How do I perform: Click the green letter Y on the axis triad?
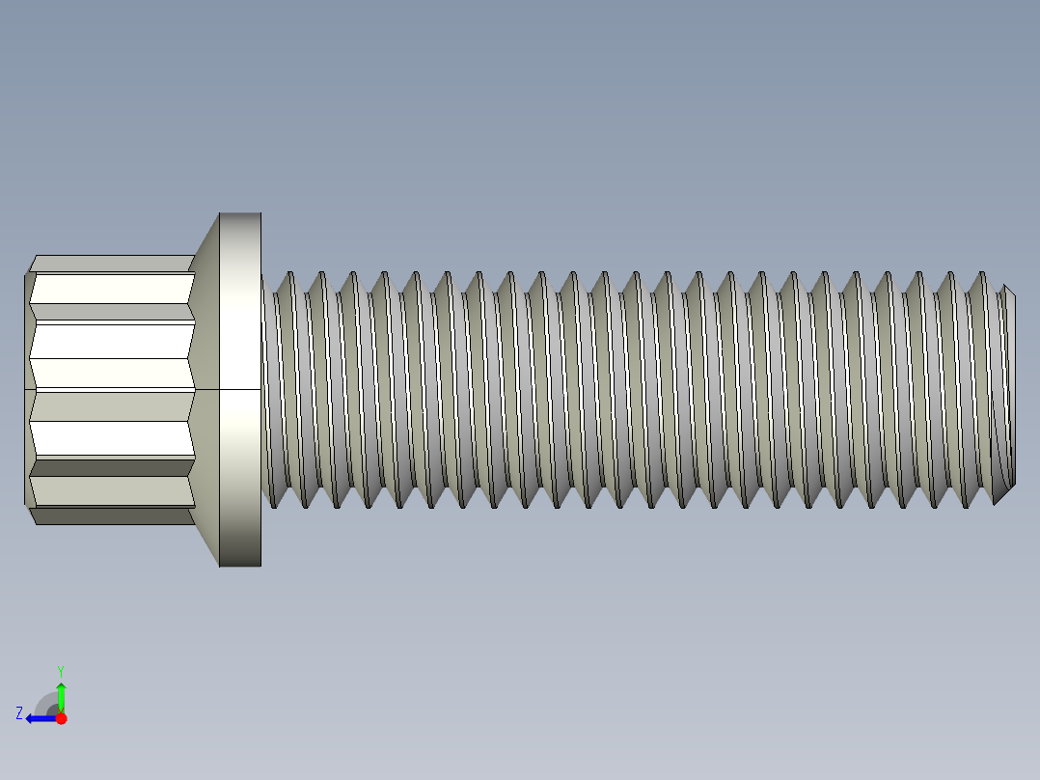point(60,669)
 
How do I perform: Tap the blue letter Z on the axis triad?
point(19,713)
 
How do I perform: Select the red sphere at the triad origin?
point(61,718)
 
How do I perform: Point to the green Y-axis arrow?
point(61,695)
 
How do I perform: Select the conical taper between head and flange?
point(205,290)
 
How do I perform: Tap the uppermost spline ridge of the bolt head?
point(111,264)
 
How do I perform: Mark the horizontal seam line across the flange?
point(240,389)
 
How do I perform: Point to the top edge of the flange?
point(240,213)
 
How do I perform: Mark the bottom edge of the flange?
point(240,565)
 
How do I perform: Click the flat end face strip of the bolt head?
point(28,389)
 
